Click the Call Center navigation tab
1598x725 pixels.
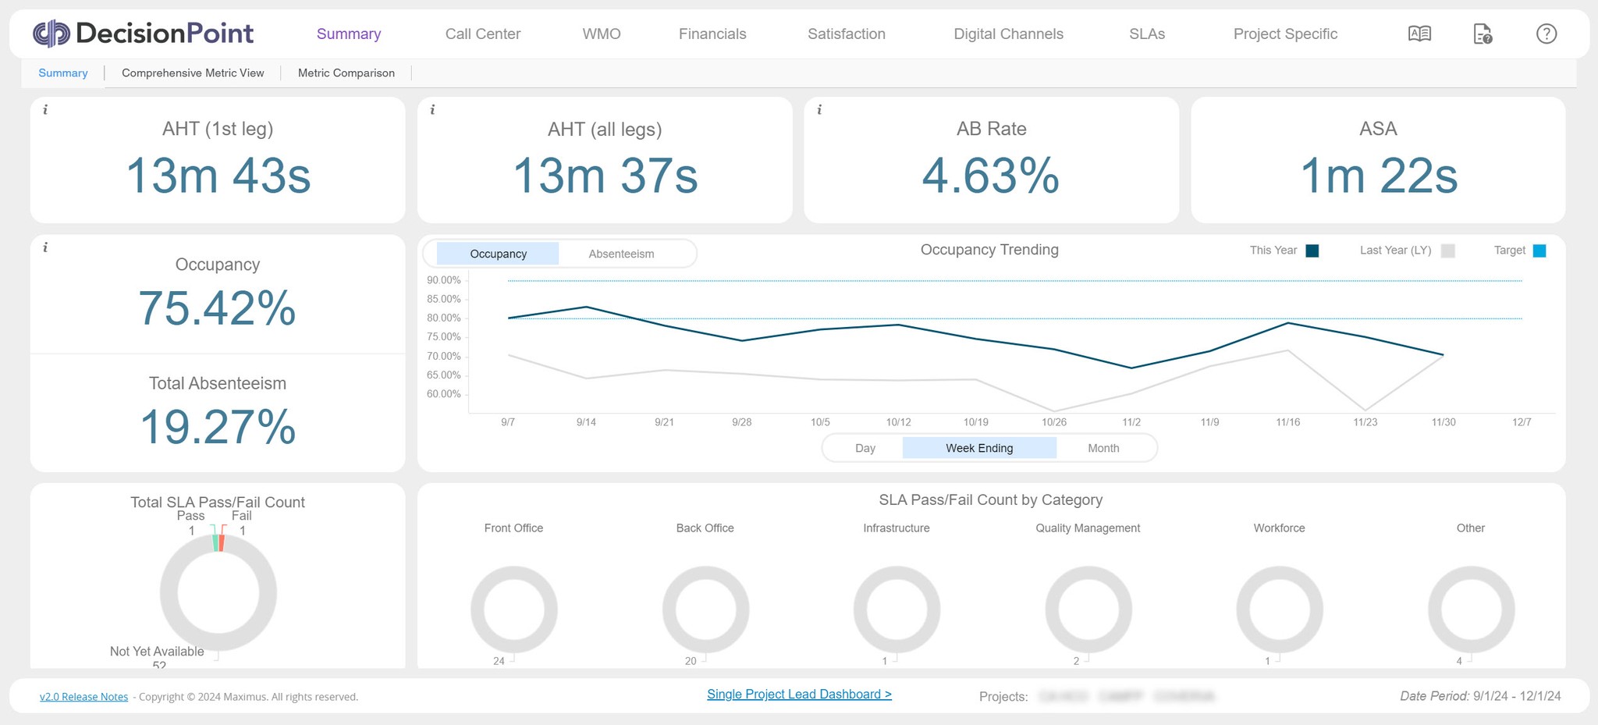482,34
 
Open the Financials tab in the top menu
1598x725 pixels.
712,34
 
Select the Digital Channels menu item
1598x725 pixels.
1008,34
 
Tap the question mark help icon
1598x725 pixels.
1546,34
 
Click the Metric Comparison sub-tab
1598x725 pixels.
346,73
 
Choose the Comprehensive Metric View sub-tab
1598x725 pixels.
193,73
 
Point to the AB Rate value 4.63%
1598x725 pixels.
990,176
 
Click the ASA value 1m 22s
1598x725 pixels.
1378,176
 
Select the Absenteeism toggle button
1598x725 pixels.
621,254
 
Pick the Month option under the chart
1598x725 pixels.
1103,448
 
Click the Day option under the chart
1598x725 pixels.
865,448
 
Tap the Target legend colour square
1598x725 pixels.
1539,251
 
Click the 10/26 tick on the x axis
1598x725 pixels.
1053,422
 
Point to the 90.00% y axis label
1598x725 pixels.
443,280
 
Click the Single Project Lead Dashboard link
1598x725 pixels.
799,694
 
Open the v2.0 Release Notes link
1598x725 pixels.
83,697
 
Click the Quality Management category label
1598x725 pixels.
1088,528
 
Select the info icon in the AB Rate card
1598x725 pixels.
819,110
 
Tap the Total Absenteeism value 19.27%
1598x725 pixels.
218,427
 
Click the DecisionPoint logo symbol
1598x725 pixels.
51,34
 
